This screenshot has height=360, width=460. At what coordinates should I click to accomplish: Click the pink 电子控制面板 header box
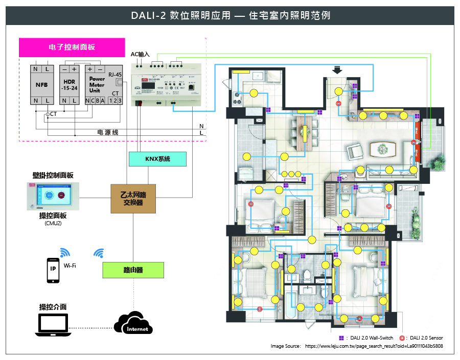72,47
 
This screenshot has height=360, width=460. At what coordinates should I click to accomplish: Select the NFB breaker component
41,85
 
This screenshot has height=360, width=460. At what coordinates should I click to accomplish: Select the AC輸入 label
140,54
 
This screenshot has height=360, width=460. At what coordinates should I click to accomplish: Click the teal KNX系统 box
157,159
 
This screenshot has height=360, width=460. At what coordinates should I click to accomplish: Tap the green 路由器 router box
133,270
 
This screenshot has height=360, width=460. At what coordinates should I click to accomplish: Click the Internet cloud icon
134,323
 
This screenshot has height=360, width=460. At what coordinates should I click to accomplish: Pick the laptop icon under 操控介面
53,325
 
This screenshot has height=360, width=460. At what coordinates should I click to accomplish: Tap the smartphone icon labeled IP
52,269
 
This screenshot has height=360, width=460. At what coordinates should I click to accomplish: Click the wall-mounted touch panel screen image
53,196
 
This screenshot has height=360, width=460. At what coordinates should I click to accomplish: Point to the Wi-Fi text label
70,266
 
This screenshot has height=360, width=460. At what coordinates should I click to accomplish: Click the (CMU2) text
53,223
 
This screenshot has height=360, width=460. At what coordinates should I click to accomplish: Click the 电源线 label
108,132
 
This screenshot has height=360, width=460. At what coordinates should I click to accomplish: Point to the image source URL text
374,346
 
